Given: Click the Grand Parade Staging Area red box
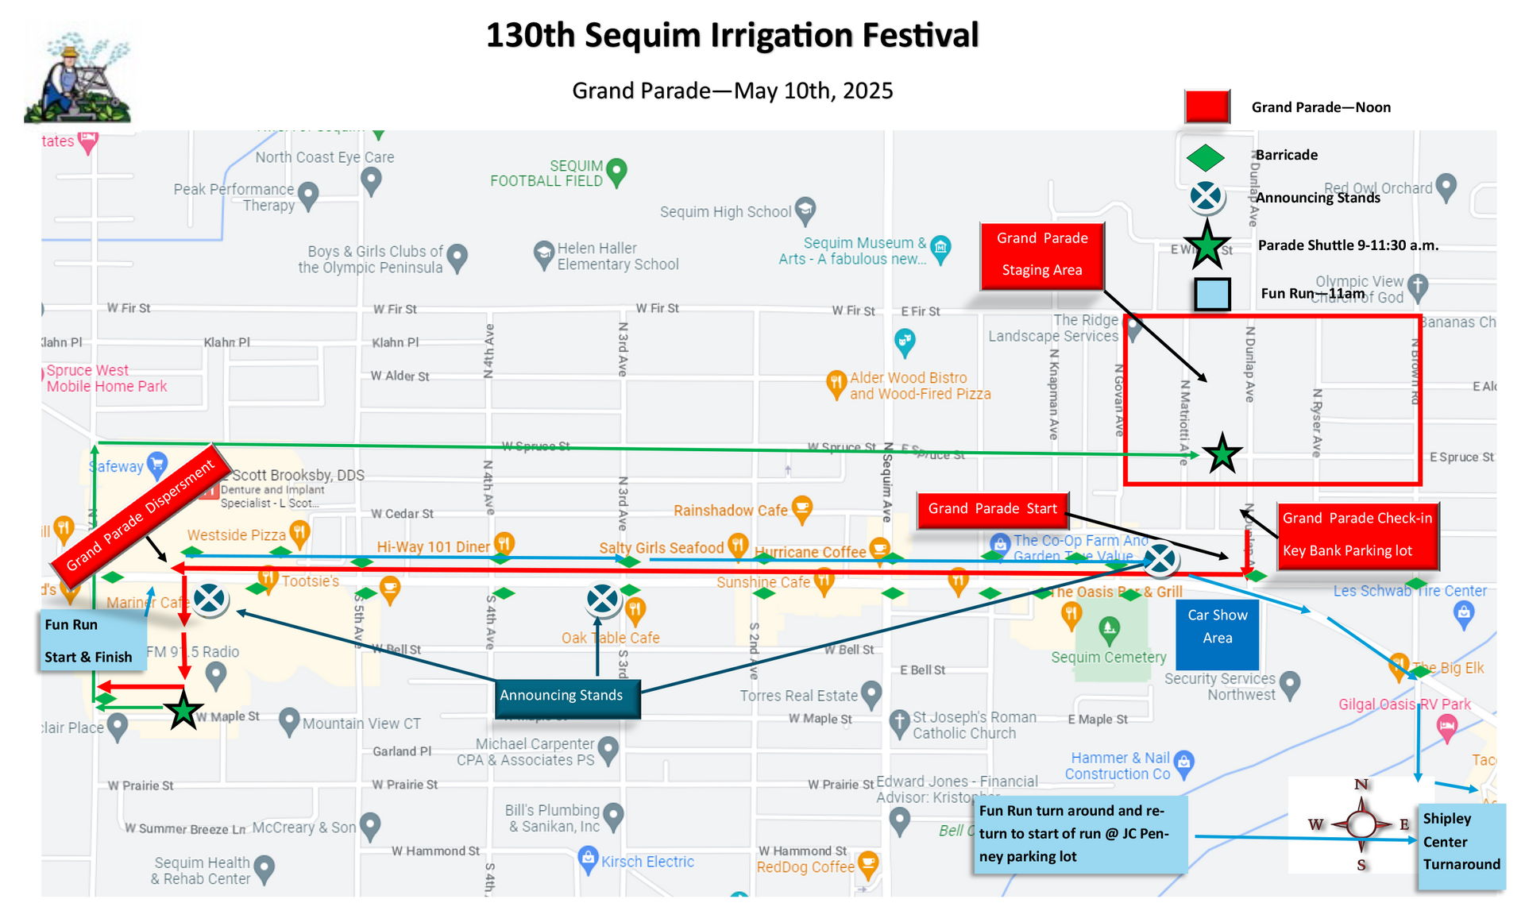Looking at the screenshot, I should [x=1041, y=255].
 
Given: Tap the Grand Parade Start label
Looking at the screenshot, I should [x=992, y=508].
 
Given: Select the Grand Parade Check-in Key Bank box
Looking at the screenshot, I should [x=1357, y=534].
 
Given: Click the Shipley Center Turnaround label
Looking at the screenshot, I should [x=1461, y=842].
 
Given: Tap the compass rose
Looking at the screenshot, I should [x=1361, y=824].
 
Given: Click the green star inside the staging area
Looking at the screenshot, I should [x=1222, y=454].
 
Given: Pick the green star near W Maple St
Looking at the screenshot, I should [x=183, y=710].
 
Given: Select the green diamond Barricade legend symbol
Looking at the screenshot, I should [x=1206, y=157].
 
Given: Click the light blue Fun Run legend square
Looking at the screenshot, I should [x=1212, y=294].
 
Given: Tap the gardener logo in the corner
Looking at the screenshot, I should [x=82, y=76].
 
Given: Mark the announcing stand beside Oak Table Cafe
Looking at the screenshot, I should [x=603, y=600].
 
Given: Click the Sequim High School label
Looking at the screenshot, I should [x=725, y=212].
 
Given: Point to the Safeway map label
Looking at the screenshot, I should [x=118, y=467].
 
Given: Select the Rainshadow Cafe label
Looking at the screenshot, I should [x=731, y=511].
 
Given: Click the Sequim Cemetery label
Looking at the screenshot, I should [x=1108, y=658].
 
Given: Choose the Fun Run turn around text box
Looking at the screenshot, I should [x=1080, y=834].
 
